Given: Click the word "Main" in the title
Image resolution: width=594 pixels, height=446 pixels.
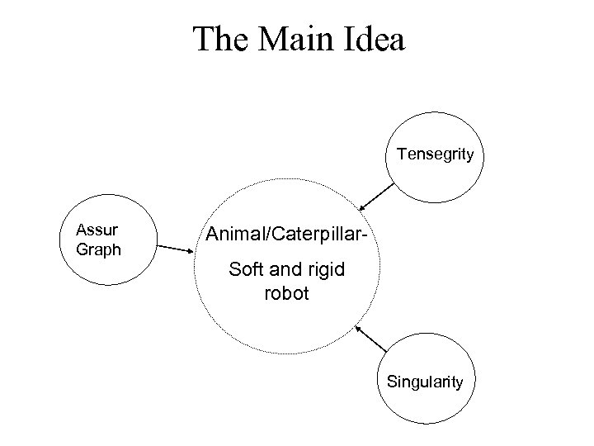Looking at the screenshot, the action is click(x=298, y=38).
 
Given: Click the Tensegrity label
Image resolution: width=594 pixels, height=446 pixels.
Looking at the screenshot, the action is click(x=435, y=154).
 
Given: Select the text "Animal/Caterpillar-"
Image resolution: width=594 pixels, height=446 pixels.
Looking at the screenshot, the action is click(x=286, y=239).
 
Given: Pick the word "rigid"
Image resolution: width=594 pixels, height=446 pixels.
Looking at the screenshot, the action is click(x=327, y=272).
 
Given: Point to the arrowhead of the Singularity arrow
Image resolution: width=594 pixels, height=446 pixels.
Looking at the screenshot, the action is click(x=358, y=328).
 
